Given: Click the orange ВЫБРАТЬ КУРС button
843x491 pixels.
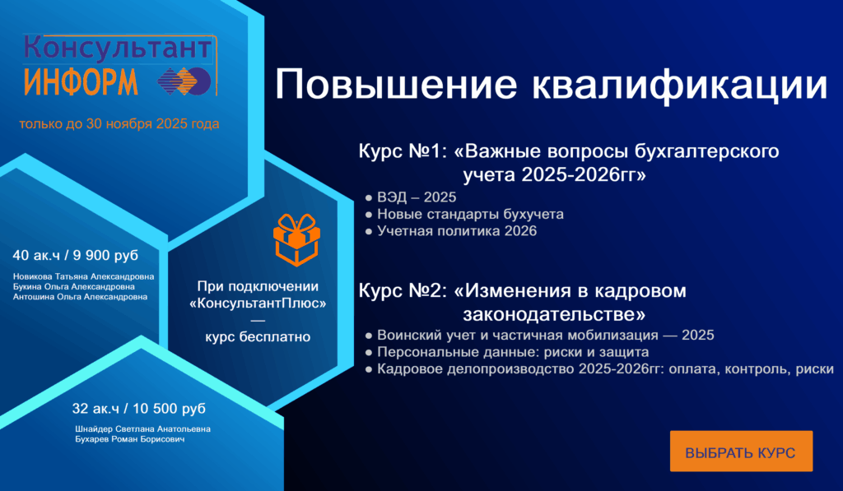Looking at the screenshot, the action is [x=741, y=452].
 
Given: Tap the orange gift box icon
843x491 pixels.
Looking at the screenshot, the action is [x=296, y=239].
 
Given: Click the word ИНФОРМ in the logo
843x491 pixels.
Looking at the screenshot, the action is [x=81, y=81].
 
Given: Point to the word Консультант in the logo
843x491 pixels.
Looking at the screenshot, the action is [x=118, y=48].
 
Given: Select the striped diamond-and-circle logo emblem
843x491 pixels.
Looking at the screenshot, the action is [x=184, y=81].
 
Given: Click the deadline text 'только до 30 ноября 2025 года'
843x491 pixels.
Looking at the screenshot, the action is [x=119, y=124].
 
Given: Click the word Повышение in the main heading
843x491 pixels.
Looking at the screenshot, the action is [x=396, y=84].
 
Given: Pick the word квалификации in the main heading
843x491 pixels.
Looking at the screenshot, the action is [x=679, y=85].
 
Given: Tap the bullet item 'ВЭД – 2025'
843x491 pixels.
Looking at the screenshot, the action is [x=417, y=197].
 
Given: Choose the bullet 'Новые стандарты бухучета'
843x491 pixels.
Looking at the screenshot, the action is [x=470, y=214].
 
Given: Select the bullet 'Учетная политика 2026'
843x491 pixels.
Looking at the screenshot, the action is [x=457, y=231].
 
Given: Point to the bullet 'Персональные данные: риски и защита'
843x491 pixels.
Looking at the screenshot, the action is [x=513, y=352].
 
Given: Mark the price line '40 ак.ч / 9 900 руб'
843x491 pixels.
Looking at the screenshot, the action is [x=75, y=255].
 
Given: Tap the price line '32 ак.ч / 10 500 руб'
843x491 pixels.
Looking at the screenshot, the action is [x=138, y=408].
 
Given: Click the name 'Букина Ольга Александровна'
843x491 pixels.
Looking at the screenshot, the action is [x=73, y=287].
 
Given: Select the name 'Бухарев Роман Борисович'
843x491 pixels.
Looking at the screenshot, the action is [x=129, y=439].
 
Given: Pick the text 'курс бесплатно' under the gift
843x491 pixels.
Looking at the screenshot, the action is [x=258, y=337].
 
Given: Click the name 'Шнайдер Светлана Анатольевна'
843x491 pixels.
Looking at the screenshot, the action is [x=142, y=429].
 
